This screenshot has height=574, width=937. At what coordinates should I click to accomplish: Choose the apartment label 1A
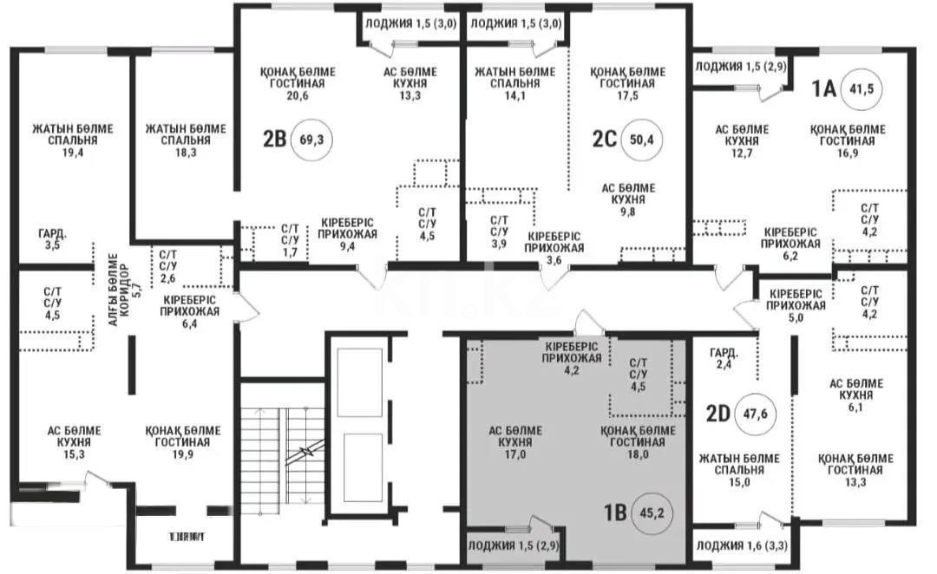click(822, 88)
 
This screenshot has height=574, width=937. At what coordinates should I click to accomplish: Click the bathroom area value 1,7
click(290, 252)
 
